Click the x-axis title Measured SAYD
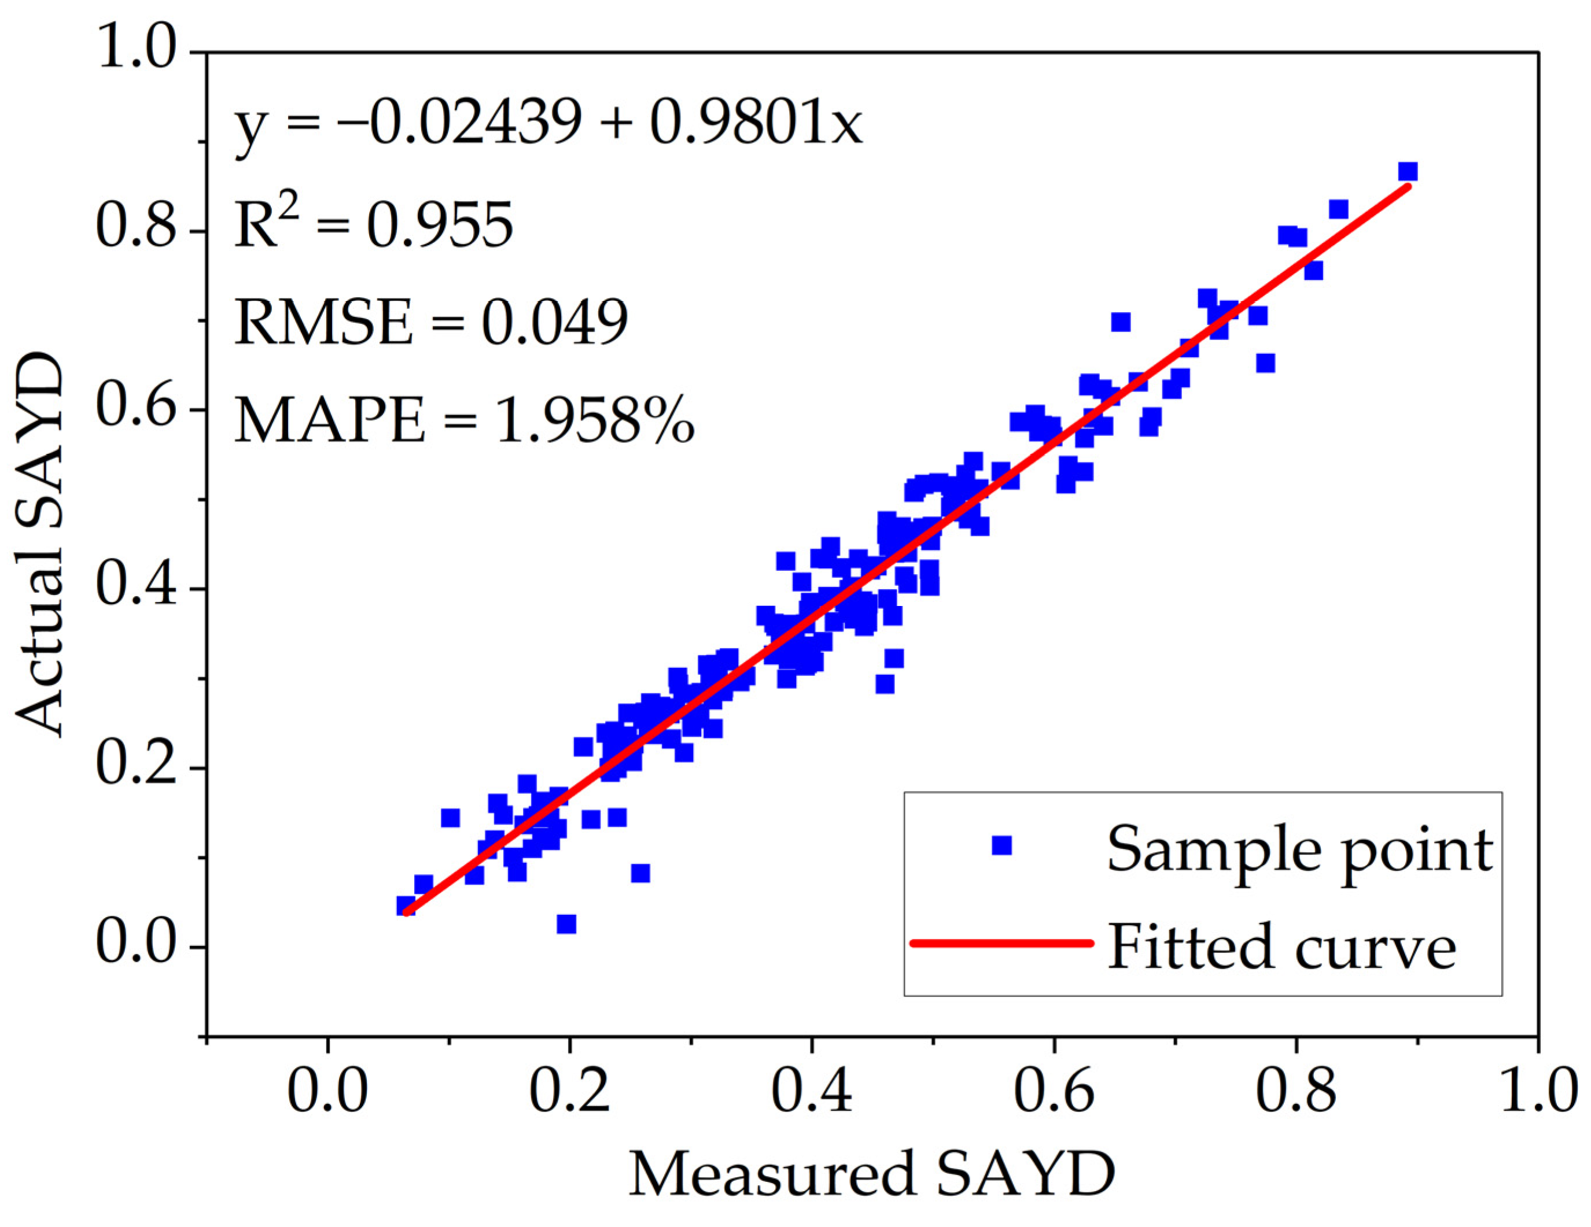tap(871, 1174)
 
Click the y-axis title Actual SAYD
tap(40, 544)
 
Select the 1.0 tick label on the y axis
tap(137, 48)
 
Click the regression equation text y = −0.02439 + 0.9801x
tap(548, 123)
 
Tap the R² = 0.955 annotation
tap(373, 224)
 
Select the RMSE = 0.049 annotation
tap(430, 322)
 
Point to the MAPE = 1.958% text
tap(463, 421)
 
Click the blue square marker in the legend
tap(1001, 845)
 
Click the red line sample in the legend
tap(1001, 943)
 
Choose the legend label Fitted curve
tap(1281, 947)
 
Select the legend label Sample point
tap(1299, 849)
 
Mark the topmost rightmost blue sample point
tap(1408, 172)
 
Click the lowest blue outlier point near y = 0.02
tap(566, 924)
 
